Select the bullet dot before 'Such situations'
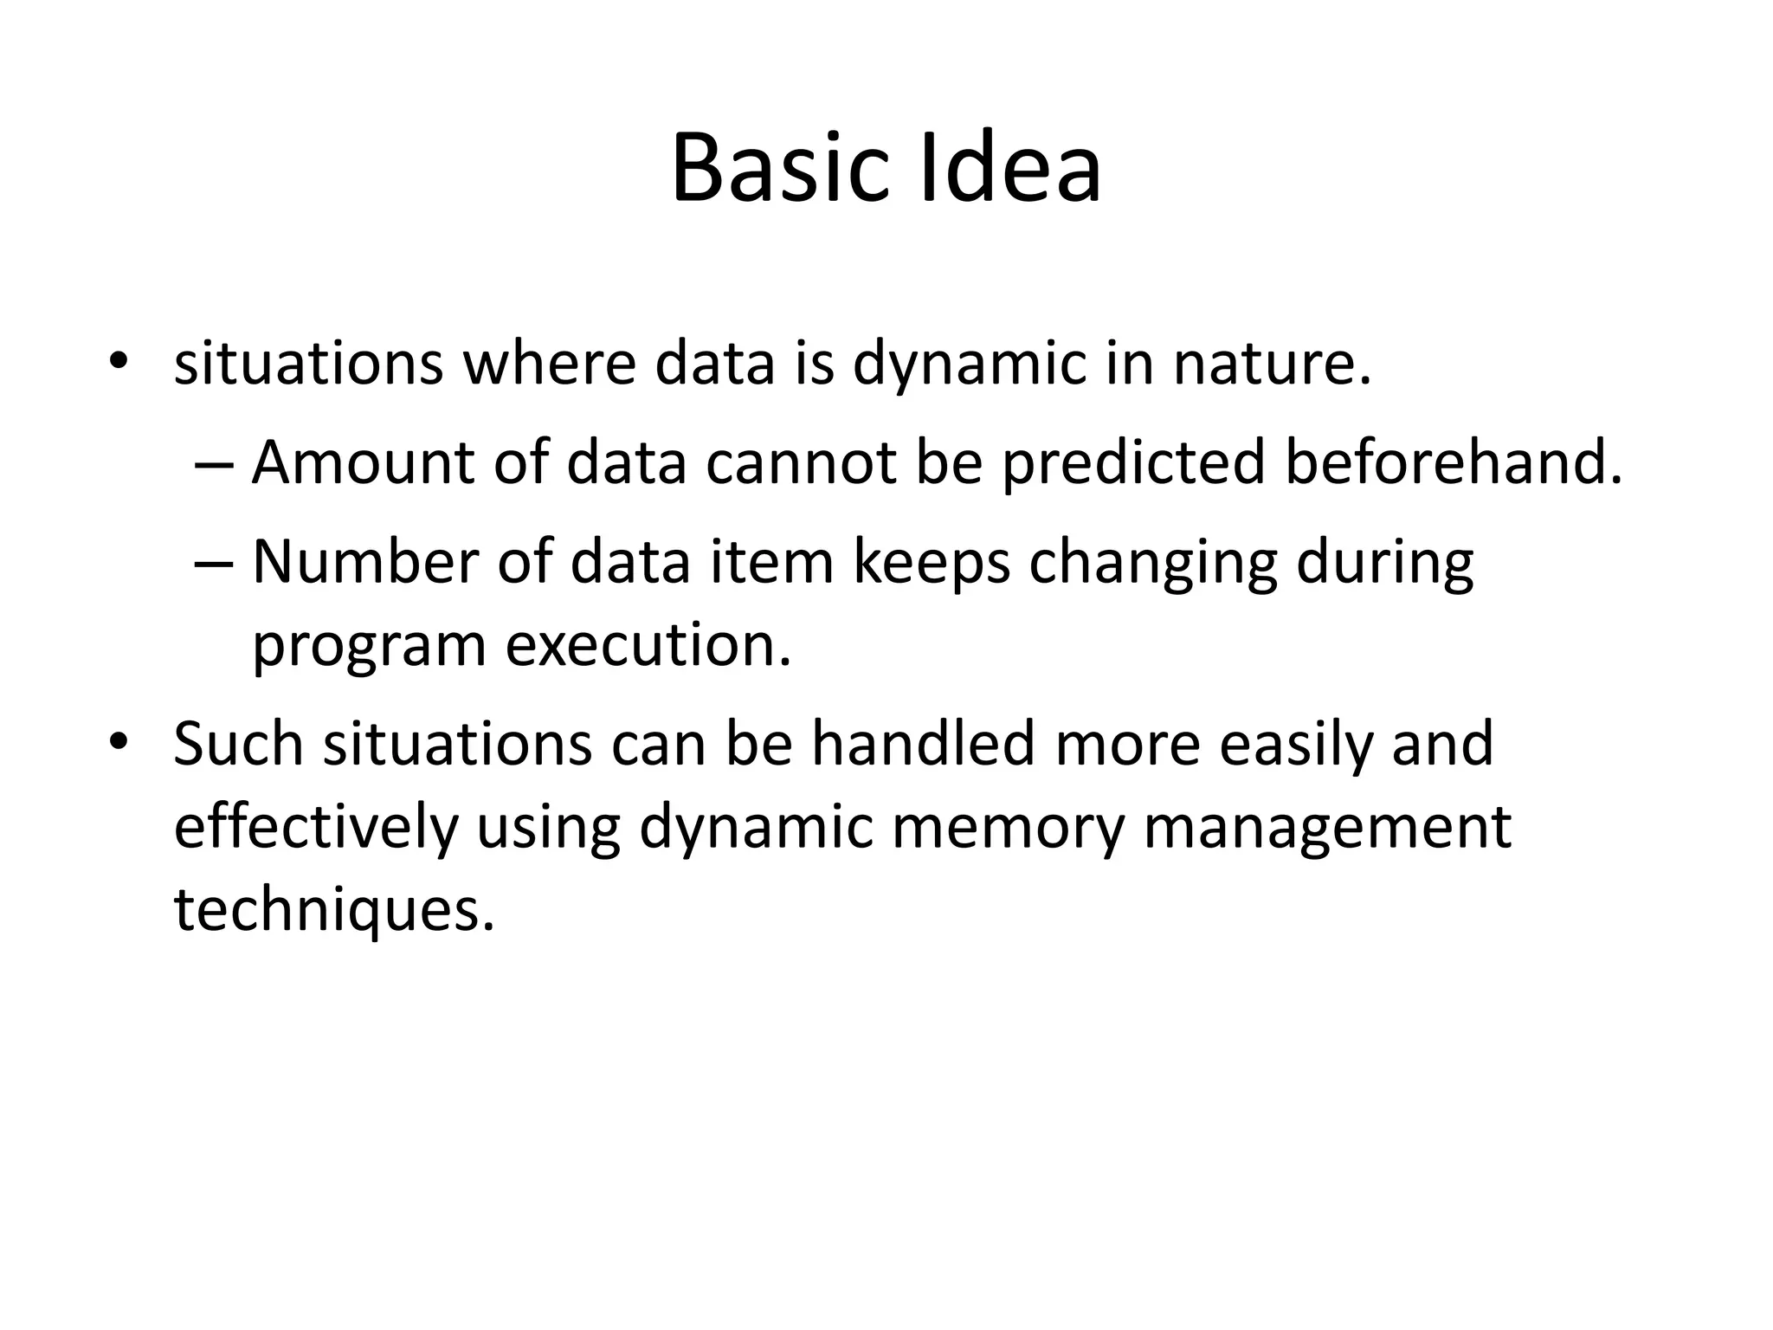[118, 741]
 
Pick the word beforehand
[1453, 462]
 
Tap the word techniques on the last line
[334, 911]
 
